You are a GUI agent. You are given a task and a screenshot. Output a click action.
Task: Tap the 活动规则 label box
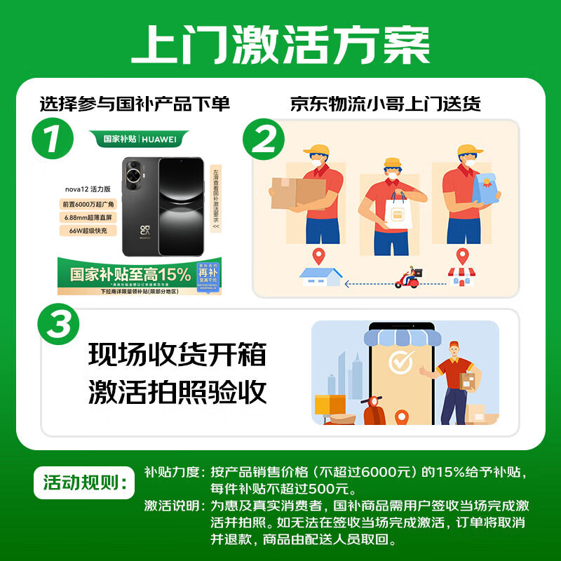pyautogui.click(x=83, y=482)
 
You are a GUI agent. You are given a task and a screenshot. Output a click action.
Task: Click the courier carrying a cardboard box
pyautogui.click(x=309, y=196)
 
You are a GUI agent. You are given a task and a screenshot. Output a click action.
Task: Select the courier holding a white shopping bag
pyautogui.click(x=391, y=203)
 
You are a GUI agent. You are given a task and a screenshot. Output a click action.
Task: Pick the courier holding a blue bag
pyautogui.click(x=468, y=196)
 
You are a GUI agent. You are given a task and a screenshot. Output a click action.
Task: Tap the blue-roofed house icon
pyautogui.click(x=320, y=276)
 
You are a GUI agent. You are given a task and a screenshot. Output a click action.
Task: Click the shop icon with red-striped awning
pyautogui.click(x=461, y=276)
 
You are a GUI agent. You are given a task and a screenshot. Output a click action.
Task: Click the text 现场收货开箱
pyautogui.click(x=177, y=354)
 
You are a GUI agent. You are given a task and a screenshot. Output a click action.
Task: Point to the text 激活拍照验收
pyautogui.click(x=177, y=392)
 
